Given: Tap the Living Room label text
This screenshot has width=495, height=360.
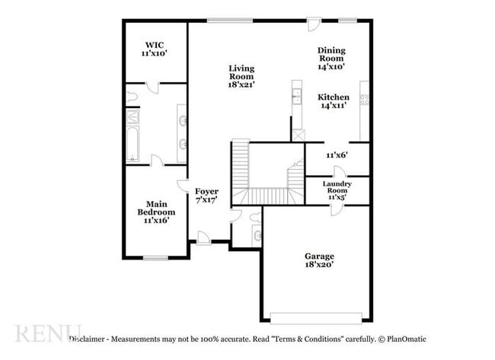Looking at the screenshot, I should click(x=241, y=76).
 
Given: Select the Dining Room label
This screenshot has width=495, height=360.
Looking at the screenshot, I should click(x=331, y=58).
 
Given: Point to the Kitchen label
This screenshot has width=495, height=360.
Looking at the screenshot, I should click(x=334, y=101).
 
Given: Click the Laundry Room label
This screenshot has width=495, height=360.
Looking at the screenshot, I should click(x=336, y=190).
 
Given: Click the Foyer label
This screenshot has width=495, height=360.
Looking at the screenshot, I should click(x=206, y=195).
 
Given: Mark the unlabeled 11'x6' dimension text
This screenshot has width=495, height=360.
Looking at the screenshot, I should click(x=337, y=155).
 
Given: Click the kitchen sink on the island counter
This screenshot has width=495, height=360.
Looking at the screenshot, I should click(x=295, y=96).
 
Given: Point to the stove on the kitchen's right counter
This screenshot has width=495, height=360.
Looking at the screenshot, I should click(x=364, y=98).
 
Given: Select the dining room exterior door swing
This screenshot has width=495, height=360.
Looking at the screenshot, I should click(x=313, y=26).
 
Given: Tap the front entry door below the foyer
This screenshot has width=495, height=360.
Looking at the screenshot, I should click(x=203, y=239).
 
